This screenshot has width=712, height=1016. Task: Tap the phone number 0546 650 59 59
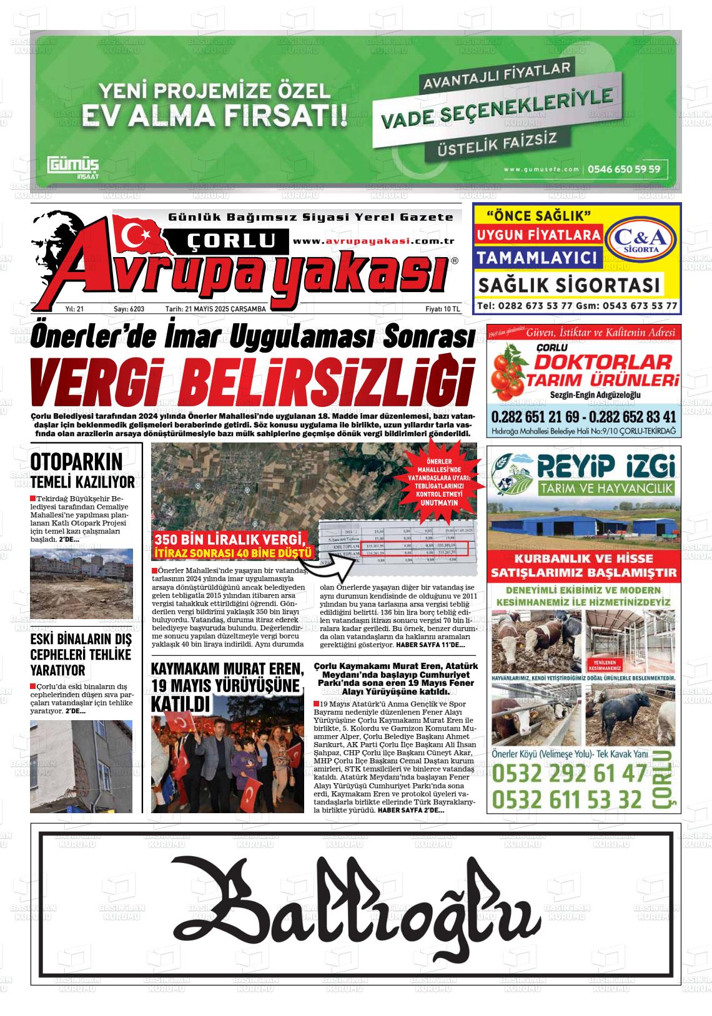coord(624,169)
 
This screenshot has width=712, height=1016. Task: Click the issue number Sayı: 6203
coord(129,309)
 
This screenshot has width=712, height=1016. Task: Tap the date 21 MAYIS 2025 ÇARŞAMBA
coord(216,309)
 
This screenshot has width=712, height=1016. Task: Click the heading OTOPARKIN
coord(76,462)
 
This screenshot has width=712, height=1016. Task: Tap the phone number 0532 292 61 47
coord(569,774)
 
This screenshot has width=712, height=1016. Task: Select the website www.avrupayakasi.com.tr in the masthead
coord(373,241)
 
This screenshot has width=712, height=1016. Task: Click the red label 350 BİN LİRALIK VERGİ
coord(232,540)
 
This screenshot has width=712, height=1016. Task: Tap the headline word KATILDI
coord(180,705)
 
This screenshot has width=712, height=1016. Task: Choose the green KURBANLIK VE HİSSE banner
coord(584,565)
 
